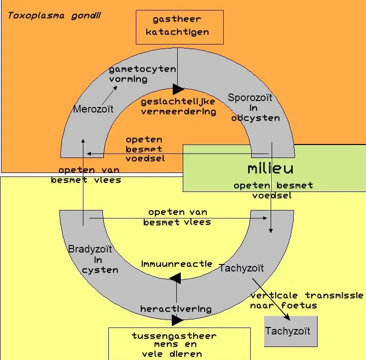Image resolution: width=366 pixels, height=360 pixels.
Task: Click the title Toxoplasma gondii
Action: pyautogui.click(x=54, y=15)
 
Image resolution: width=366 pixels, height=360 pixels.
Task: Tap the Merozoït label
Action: pyautogui.click(x=93, y=108)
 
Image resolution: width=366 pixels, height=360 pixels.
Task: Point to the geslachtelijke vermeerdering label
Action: pyautogui.click(x=178, y=106)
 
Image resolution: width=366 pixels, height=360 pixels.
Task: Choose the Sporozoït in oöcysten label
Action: pyautogui.click(x=255, y=107)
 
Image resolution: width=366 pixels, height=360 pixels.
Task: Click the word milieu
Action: pyautogui.click(x=270, y=168)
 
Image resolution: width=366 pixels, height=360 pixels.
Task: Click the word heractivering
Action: pyautogui.click(x=176, y=308)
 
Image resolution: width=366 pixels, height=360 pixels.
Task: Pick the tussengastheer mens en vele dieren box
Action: pyautogui.click(x=179, y=344)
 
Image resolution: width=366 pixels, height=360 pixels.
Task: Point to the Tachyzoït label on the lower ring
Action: pyautogui.click(x=241, y=268)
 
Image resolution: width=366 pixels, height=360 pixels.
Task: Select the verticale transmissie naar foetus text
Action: pyautogui.click(x=307, y=300)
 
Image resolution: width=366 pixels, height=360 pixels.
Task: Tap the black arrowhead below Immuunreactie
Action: pyautogui.click(x=175, y=278)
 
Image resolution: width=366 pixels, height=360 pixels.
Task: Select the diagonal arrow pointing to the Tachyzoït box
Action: pyautogui.click(x=271, y=298)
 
